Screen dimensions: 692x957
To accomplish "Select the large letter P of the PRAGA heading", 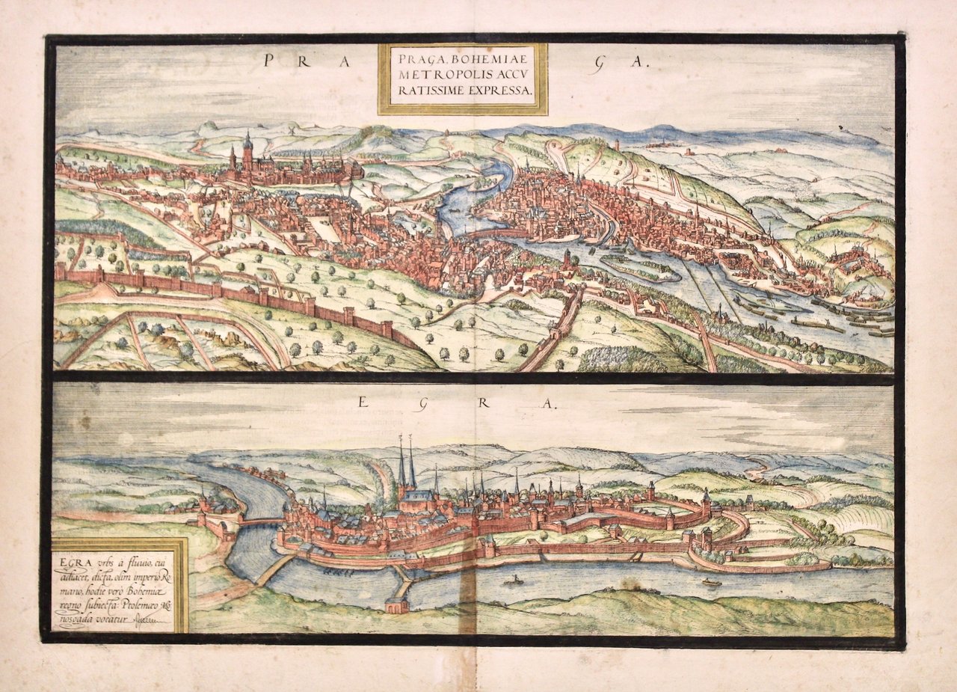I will [268, 62].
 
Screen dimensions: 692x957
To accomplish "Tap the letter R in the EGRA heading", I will [484, 403].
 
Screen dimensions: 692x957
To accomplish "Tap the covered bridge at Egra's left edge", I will [259, 521].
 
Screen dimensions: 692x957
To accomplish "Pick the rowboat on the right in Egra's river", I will [711, 581].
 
